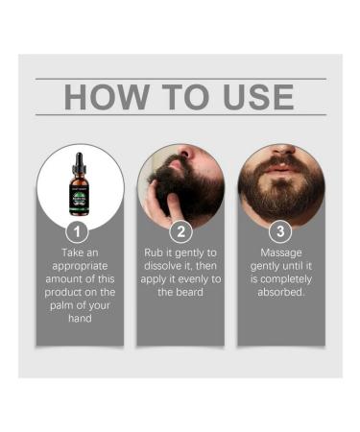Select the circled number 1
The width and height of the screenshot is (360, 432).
pyautogui.click(x=81, y=230)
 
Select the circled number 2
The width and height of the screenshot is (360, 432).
pyautogui.click(x=180, y=230)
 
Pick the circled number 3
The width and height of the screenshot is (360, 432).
pyautogui.click(x=279, y=230)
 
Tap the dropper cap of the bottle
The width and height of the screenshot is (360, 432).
pyautogui.click(x=81, y=160)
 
